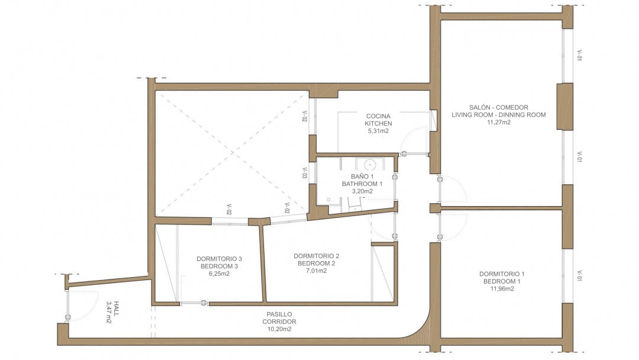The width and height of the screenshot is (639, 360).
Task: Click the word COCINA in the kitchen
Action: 378,116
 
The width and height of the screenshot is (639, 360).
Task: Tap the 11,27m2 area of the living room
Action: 499,123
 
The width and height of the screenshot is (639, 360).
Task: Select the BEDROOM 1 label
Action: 502,281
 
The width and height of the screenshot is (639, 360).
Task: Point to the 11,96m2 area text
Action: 502,289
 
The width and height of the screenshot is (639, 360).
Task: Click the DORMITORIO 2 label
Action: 316,256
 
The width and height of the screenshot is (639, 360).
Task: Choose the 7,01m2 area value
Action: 316,271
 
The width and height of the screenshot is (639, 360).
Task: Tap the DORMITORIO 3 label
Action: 220,259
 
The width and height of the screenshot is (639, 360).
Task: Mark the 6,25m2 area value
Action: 220,274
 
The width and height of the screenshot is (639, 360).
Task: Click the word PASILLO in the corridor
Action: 279,314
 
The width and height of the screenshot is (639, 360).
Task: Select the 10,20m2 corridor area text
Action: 279,329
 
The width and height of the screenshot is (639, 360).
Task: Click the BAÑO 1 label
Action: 362,176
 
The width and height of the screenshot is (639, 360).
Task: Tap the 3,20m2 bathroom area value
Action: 362,192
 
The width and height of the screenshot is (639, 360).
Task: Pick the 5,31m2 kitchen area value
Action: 378,131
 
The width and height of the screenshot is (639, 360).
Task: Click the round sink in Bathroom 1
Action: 370,165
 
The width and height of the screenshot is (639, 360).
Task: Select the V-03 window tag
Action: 305,173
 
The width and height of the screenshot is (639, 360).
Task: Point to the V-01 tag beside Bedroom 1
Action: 579,275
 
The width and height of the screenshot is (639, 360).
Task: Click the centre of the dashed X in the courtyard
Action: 232,153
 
